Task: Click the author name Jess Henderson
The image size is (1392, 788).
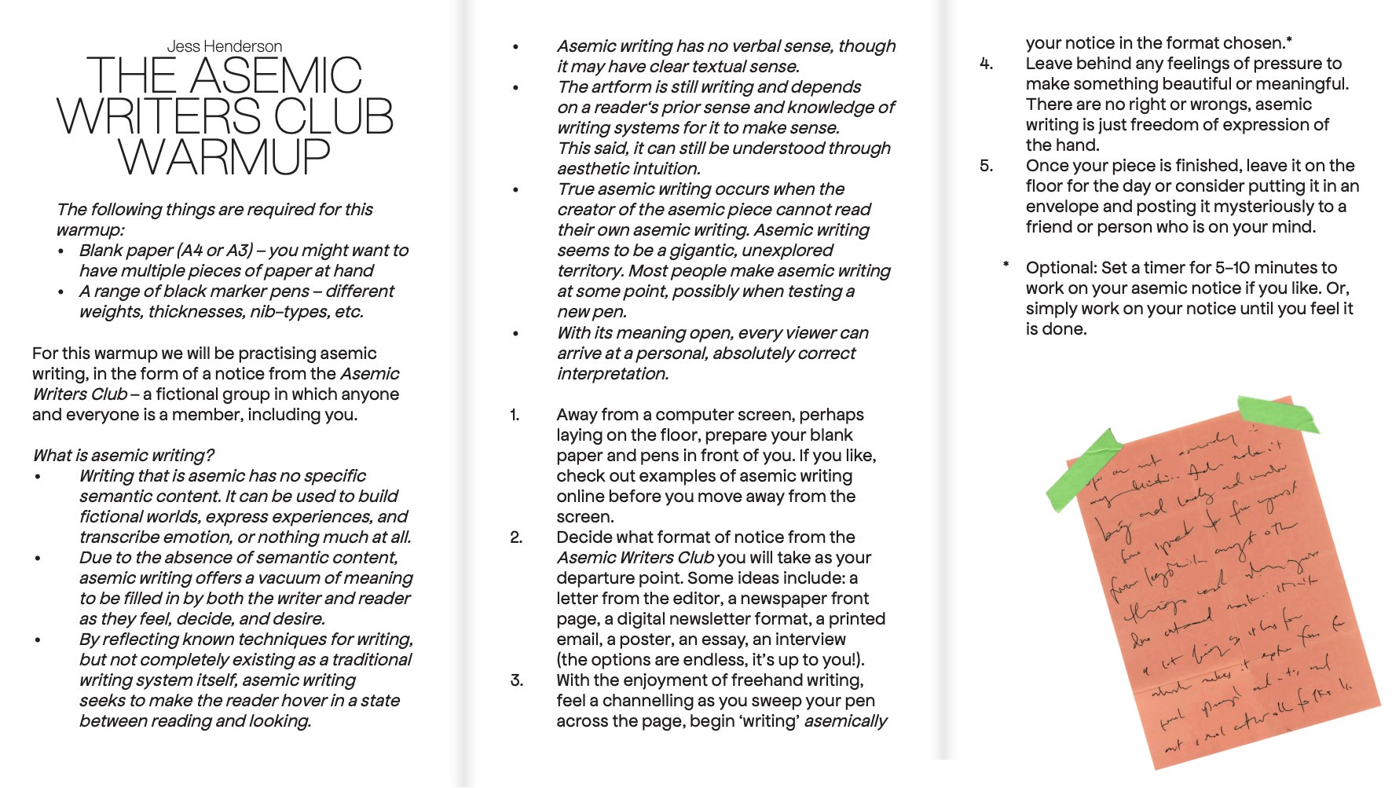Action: coord(224,46)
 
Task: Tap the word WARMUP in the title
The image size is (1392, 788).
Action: coord(225,156)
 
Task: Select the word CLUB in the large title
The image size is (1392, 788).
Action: coord(333,116)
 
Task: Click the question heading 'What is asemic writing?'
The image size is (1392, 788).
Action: coord(123,456)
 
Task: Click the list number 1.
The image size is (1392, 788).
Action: coord(515,415)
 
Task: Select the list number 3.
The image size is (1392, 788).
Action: coord(516,680)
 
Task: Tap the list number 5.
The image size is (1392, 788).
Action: coord(986,166)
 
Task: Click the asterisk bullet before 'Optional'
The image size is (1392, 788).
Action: coord(1006,266)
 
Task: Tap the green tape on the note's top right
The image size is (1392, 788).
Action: coord(1278,414)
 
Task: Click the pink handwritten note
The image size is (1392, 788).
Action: coord(1225,597)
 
